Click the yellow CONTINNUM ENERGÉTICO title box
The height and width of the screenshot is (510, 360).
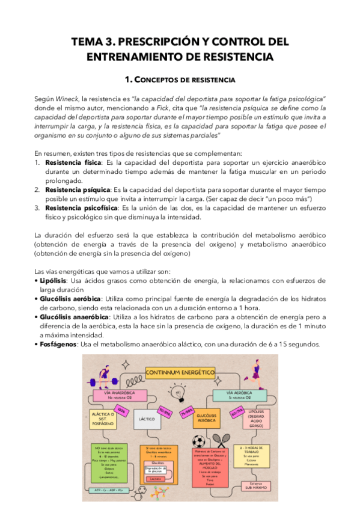(x=180, y=372)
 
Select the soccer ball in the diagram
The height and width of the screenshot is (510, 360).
(x=199, y=441)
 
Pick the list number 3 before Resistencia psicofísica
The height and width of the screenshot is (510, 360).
(x=37, y=208)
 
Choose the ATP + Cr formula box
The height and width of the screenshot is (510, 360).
(x=108, y=491)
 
